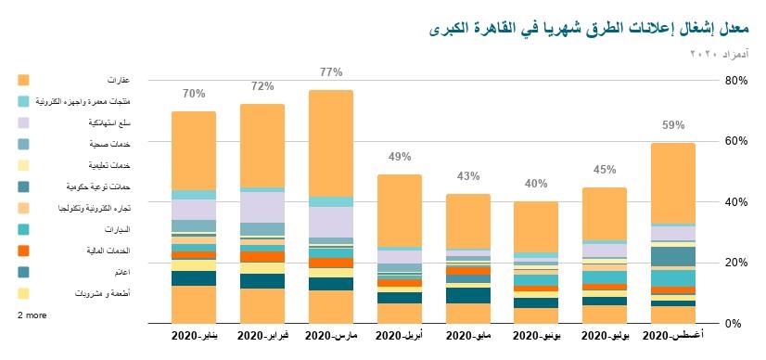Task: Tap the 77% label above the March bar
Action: tap(331, 72)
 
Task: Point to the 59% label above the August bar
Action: tap(673, 125)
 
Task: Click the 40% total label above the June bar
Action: tap(536, 184)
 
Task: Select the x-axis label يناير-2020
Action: tap(194, 333)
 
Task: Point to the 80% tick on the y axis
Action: tap(736, 81)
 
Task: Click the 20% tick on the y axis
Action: tap(736, 263)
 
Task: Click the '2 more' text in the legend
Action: tap(32, 315)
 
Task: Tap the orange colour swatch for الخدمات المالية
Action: tap(23, 251)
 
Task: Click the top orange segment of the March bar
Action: tap(331, 143)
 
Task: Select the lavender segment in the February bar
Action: tap(262, 207)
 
